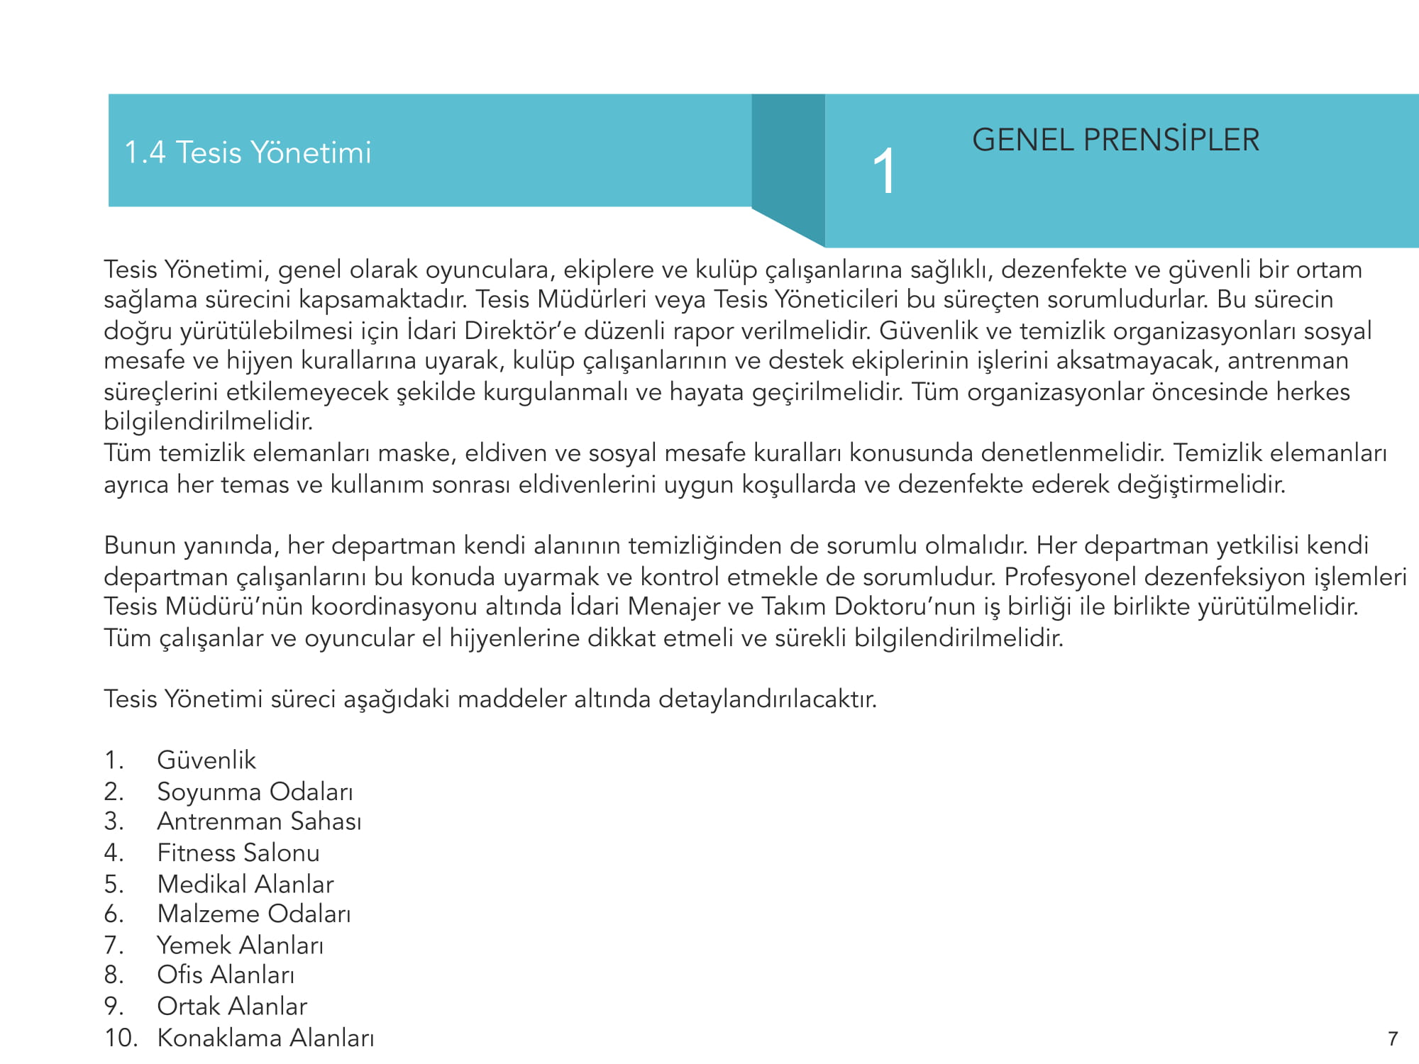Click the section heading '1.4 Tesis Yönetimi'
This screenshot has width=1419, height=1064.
point(248,153)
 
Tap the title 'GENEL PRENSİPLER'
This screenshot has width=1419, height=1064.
point(1115,140)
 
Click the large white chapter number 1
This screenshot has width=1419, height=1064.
point(884,171)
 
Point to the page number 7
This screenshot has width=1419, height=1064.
point(1393,1039)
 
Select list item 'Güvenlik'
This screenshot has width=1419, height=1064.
point(206,760)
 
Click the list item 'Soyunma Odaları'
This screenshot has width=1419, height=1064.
point(255,792)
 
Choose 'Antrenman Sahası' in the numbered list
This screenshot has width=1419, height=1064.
point(259,821)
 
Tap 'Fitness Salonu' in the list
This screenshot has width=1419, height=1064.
point(238,853)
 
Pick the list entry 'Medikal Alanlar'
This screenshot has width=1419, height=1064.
point(245,884)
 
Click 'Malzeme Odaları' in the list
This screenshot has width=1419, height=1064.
point(254,914)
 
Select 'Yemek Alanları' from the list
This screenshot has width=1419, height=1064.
point(240,946)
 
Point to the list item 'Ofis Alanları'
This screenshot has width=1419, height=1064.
point(226,975)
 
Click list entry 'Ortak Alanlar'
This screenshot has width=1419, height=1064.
point(232,1007)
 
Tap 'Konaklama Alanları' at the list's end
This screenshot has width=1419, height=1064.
point(265,1038)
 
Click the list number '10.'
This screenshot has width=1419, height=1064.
point(121,1038)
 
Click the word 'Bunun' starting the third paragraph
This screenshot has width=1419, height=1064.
point(140,545)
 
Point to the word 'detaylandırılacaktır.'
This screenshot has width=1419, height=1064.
point(768,699)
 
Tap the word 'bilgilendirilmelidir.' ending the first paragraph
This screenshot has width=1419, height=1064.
point(209,422)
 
